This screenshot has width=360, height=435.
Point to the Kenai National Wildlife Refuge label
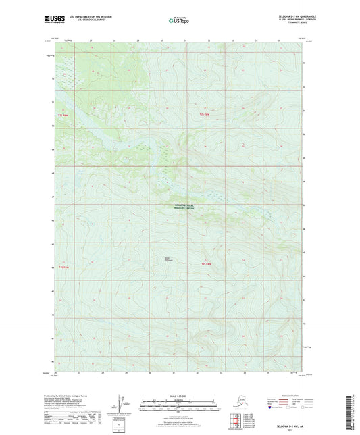(x=180, y=208)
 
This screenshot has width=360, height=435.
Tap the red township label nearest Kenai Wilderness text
(x=207, y=263)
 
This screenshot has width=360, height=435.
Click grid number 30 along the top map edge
(x=162, y=41)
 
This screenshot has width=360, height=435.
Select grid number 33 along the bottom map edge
(x=222, y=372)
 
